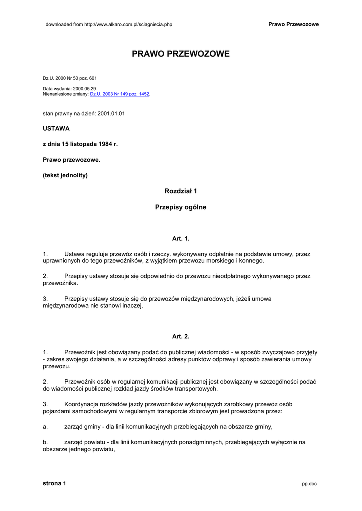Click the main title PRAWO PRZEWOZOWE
pos(181,54)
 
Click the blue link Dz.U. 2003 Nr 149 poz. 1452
pos(119,94)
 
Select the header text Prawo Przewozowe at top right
pos(293,24)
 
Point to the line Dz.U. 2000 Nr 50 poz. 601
pos(70,78)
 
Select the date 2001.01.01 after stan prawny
pos(111,113)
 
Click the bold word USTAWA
pos(56,128)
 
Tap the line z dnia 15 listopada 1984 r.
pos(80,144)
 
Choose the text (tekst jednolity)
pos(65,175)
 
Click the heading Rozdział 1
pos(181,191)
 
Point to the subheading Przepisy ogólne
pos(181,207)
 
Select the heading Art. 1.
pos(181,238)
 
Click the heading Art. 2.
pos(181,336)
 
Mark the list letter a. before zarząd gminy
pos(45,427)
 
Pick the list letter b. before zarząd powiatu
pos(45,442)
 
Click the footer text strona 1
pos(54,483)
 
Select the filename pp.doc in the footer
pos(309,484)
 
